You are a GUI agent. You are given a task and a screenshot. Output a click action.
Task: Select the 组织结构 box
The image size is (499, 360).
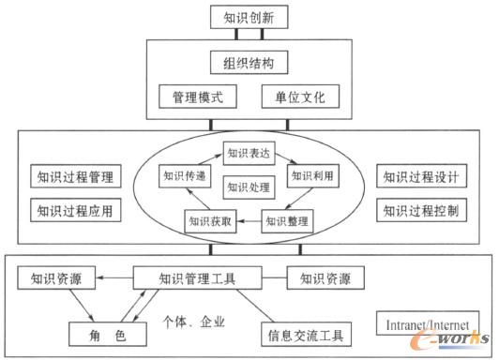[x=249, y=65]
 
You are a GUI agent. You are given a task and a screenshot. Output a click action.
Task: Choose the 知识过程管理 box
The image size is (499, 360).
[x=71, y=175]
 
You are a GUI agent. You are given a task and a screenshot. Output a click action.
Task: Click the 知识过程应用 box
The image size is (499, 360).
[x=71, y=209]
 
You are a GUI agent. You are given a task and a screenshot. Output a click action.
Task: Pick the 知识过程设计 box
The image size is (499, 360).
[x=420, y=175]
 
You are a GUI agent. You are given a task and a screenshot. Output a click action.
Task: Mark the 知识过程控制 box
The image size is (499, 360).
[x=420, y=209]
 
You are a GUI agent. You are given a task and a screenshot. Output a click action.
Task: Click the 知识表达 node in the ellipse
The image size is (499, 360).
[x=249, y=150]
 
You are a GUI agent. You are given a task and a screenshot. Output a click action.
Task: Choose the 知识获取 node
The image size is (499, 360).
[x=208, y=222]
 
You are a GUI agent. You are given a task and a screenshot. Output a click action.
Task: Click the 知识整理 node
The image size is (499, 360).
[x=287, y=222]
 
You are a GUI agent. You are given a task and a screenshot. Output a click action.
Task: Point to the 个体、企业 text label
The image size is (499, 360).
[x=194, y=320]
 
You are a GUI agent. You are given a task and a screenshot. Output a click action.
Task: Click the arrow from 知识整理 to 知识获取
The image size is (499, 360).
[x=248, y=222]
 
